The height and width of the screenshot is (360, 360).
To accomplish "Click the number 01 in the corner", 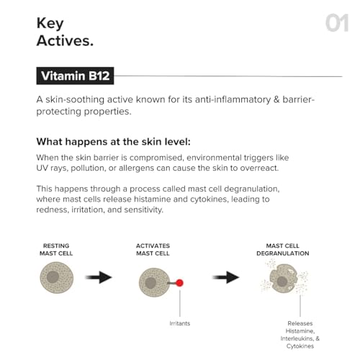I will tap(336, 23).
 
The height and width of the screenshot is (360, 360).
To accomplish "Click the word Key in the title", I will tap(51, 23).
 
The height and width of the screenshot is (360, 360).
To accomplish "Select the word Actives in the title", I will tap(65, 40).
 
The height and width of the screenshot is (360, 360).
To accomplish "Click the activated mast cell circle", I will tap(152, 282).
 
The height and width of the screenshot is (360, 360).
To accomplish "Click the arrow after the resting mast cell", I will tap(99, 277).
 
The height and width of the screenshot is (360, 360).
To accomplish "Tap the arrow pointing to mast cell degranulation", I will tap(227, 277).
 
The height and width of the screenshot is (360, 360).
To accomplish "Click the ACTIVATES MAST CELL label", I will tap(153, 249).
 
